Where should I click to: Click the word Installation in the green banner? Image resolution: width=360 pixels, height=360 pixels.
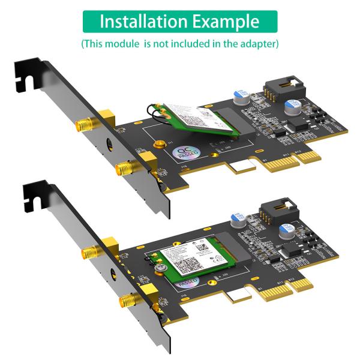(x=143, y=22)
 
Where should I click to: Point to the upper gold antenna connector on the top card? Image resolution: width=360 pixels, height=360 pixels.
(x=84, y=125)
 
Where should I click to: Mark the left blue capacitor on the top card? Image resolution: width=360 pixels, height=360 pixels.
(x=241, y=96)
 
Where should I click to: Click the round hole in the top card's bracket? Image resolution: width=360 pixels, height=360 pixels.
(x=109, y=145)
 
